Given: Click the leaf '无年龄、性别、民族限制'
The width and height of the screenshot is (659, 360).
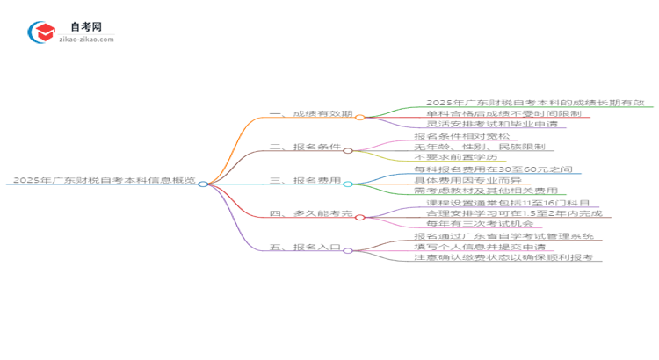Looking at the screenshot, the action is pyautogui.click(x=479, y=148).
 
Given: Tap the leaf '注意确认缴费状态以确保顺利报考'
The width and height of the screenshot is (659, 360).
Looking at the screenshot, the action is pyautogui.click(x=503, y=257).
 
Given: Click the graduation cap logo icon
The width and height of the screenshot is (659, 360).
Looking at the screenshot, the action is pyautogui.click(x=41, y=33).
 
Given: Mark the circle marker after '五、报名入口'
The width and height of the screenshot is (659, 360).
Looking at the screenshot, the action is pyautogui.click(x=348, y=250).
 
